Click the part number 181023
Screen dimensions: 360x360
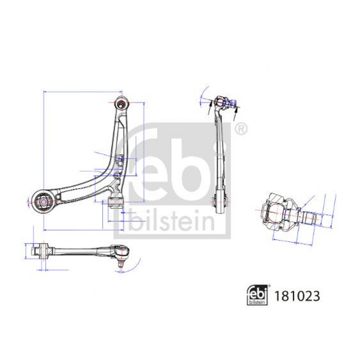coord(297,296)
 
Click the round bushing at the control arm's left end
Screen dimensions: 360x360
coord(44,202)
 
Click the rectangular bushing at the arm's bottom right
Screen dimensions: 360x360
coord(116,202)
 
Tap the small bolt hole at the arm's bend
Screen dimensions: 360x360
coord(117,176)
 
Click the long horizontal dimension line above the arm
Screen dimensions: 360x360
coord(83,92)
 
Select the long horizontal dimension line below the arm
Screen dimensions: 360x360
coord(84,230)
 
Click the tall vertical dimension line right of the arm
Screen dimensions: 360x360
coord(144,152)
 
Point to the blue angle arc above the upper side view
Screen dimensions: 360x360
coord(203,95)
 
